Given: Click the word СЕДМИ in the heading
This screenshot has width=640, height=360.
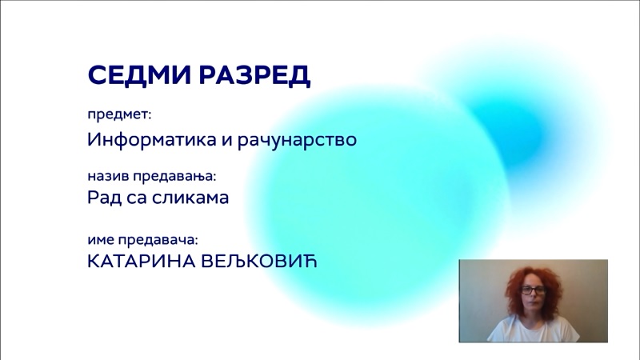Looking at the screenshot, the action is tap(139, 74).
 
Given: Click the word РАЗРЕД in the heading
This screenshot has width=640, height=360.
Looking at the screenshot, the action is tap(254, 75).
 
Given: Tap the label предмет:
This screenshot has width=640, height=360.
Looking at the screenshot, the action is tap(119, 114).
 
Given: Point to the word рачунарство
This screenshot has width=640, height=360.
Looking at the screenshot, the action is tap(297, 139).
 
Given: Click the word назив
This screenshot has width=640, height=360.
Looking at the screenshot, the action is tap(109, 176).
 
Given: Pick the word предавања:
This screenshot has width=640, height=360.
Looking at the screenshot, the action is tap(174, 176).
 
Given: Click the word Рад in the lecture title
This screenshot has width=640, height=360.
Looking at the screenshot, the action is tap(105, 198).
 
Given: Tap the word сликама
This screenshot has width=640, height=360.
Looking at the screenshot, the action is tap(190, 198).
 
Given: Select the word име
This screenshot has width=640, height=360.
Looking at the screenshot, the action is tap(101, 239).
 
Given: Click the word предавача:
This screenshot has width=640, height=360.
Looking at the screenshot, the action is tap(158, 240).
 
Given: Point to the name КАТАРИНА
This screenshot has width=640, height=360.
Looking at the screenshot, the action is tap(142, 262).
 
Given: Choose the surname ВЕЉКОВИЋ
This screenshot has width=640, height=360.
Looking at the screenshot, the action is tap(259, 262).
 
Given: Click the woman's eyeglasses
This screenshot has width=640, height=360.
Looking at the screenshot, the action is tap(533, 290).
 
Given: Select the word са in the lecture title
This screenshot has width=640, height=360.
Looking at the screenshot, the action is tap(137, 198).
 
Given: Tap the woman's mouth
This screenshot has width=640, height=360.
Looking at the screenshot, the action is tap(533, 306).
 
